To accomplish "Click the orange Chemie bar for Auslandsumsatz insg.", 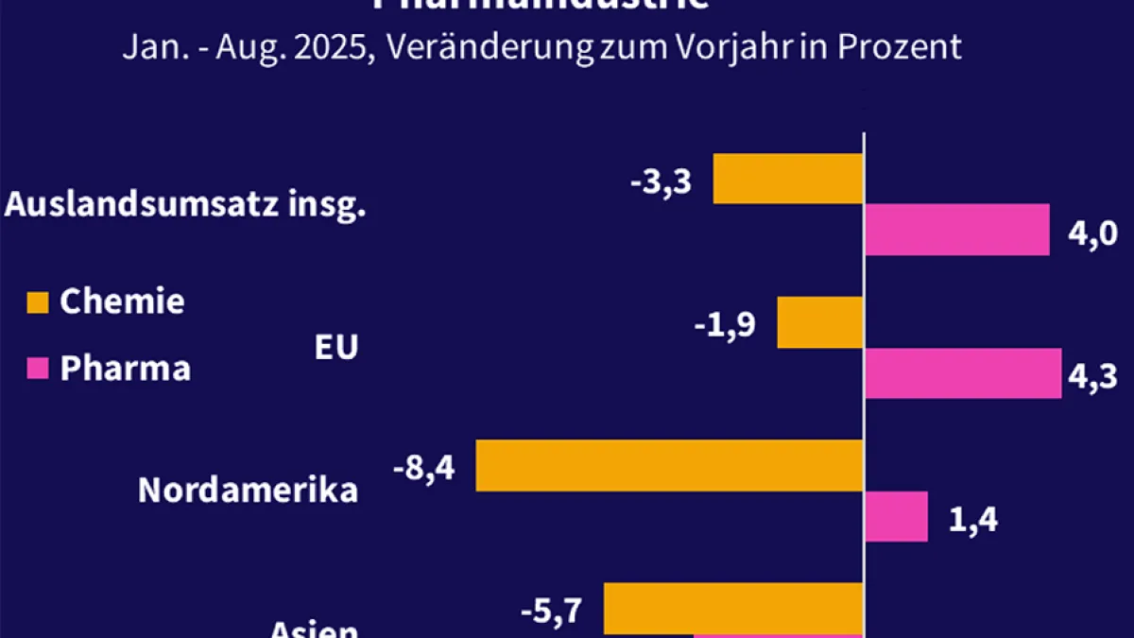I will tap(788, 179).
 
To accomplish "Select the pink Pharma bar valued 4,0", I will tap(956, 230).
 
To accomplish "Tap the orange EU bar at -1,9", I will tap(820, 322).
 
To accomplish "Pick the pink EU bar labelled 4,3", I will tap(963, 373).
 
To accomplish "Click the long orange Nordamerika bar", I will tap(670, 465).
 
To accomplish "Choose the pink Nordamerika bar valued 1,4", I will tap(897, 516).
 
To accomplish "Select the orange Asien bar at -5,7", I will tap(734, 608).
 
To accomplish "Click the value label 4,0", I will tap(1092, 232).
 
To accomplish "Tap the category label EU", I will tap(336, 348).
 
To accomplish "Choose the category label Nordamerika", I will tap(249, 490).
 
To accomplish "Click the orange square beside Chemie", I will tap(36, 302).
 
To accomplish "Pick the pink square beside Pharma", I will tap(36, 369).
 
